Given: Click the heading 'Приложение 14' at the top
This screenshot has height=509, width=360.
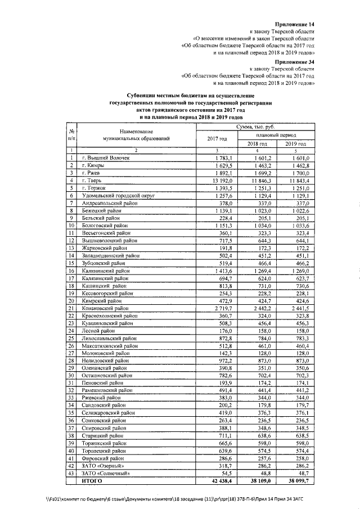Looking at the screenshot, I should point(295,24).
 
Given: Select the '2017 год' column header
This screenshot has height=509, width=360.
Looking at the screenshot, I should point(217,139).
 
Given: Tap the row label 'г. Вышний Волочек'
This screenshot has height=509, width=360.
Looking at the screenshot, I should point(105,159).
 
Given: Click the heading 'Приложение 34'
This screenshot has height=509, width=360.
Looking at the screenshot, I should point(295,60).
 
